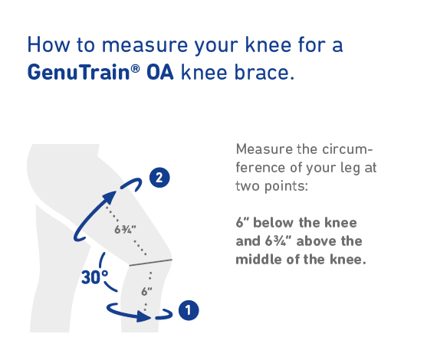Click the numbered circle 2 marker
click(x=159, y=178)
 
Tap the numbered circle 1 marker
click(x=189, y=310)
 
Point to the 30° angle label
click(x=95, y=277)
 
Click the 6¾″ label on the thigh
click(x=125, y=230)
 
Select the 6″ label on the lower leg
click(x=146, y=292)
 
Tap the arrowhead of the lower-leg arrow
click(x=143, y=316)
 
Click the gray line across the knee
click(x=150, y=262)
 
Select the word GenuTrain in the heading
click(x=79, y=72)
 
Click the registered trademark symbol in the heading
click(x=135, y=67)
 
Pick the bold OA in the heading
click(x=160, y=73)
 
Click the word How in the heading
click(x=48, y=44)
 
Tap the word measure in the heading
click(x=145, y=45)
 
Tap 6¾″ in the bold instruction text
click(x=278, y=241)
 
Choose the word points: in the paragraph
click(x=286, y=187)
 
